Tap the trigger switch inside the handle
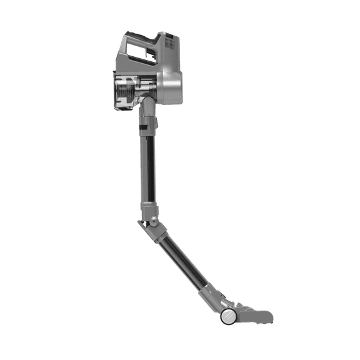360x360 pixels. pyautogui.click(x=152, y=49)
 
